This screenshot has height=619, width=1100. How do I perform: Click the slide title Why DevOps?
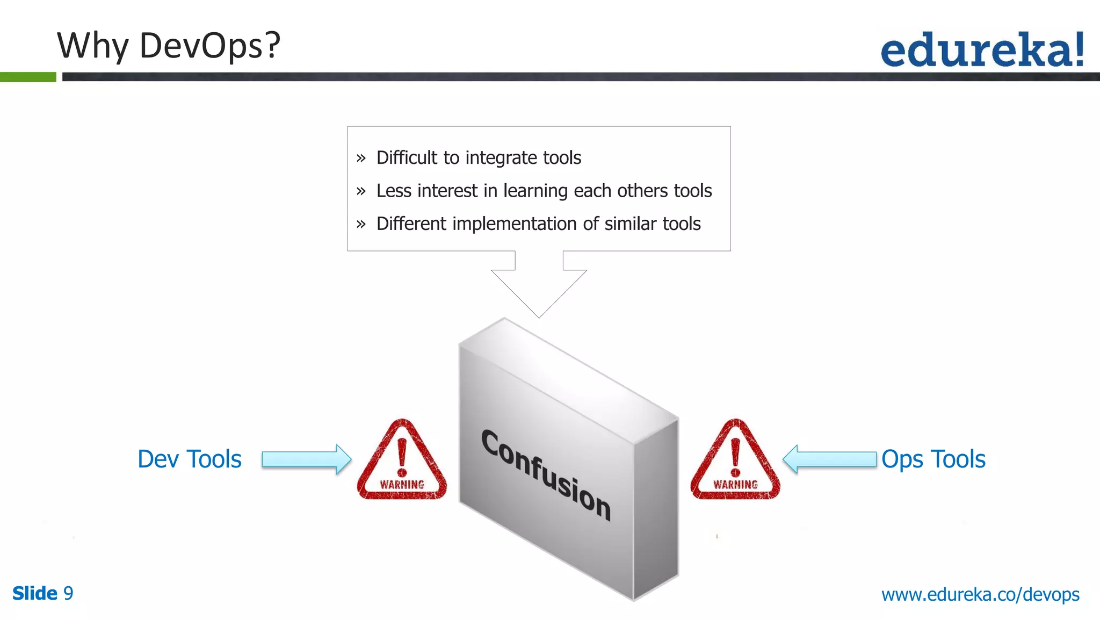point(169,46)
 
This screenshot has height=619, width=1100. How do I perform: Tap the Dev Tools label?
point(190,459)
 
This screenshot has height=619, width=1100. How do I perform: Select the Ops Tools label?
point(933,459)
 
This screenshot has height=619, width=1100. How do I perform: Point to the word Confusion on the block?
point(546,474)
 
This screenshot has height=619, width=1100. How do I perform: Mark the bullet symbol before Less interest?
point(361,191)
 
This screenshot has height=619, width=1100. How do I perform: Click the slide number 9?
point(68,594)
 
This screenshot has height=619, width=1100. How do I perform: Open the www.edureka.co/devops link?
point(980,595)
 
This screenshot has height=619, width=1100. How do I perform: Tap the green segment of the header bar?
point(28,77)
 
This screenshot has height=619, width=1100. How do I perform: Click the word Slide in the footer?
point(35,594)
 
